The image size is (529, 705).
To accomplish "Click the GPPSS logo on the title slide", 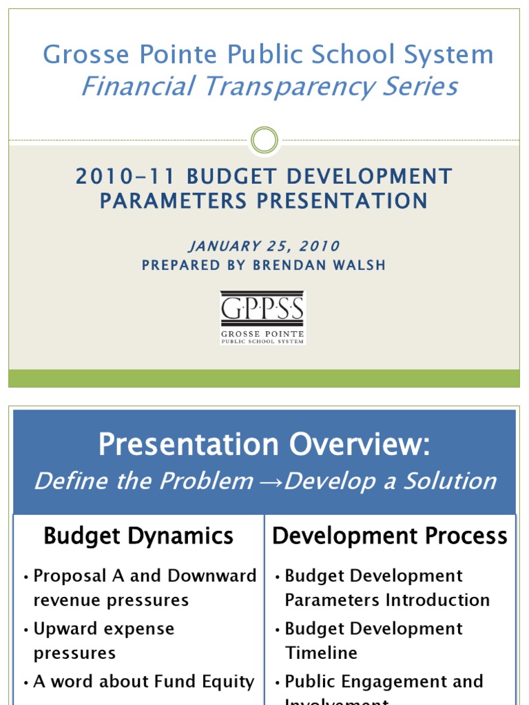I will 262,317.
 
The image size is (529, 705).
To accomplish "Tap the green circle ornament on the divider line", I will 264,140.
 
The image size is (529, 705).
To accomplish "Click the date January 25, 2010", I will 264,246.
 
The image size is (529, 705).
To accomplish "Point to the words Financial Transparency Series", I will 269,87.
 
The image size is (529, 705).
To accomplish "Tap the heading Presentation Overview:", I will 264,445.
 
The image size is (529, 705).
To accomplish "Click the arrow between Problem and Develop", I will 269,481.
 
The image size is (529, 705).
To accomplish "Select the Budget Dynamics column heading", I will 138,536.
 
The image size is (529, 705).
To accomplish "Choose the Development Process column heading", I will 390,536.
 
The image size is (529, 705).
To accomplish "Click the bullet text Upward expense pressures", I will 103,640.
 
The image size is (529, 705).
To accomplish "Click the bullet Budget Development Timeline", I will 373,640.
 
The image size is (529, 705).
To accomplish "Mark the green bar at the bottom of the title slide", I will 264,378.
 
